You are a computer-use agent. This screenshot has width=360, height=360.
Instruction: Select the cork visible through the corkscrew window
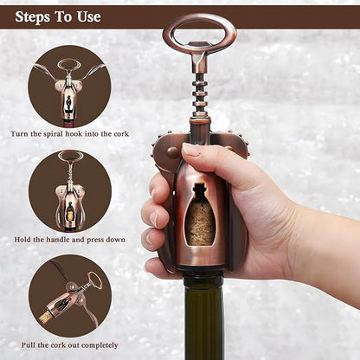200,222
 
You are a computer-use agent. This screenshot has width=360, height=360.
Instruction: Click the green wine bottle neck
203,318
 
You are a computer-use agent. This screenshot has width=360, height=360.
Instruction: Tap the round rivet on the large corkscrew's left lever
172,152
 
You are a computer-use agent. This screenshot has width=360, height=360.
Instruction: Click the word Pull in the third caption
27,345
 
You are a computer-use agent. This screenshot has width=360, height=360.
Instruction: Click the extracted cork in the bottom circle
46,318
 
